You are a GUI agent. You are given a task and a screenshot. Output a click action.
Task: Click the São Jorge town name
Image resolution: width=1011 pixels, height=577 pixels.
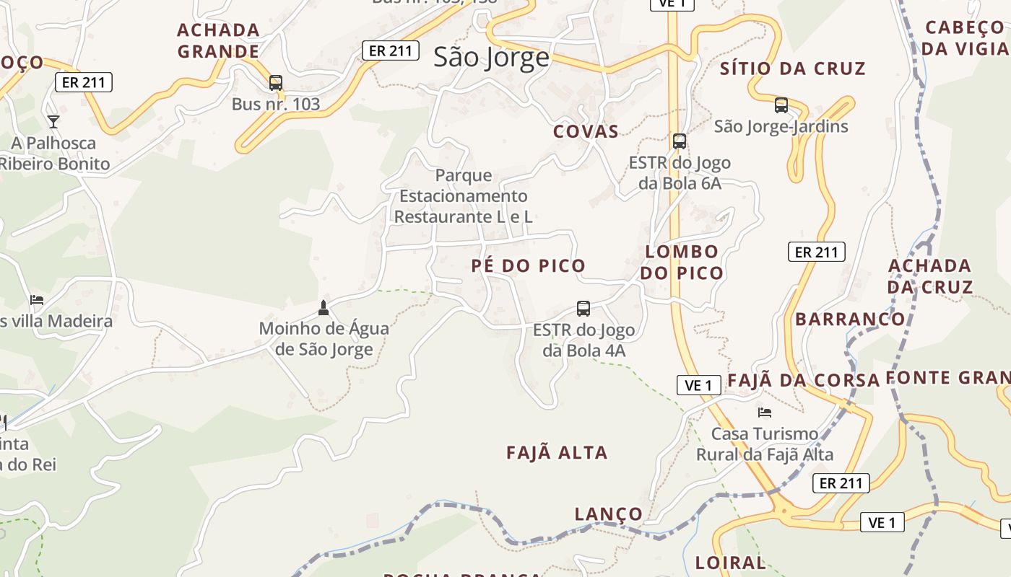coord(491,58)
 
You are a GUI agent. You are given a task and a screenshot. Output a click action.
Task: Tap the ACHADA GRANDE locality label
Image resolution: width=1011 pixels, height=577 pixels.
coord(218,40)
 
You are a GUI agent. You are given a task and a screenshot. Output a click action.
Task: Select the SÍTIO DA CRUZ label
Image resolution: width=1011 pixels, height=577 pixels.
coord(792,69)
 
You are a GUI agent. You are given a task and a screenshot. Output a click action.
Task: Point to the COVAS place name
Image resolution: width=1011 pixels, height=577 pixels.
coord(586,131)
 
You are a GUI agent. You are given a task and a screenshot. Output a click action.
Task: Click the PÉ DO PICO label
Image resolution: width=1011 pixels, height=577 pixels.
coord(528,265)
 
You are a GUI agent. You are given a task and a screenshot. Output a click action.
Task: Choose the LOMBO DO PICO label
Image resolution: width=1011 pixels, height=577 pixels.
coord(681,262)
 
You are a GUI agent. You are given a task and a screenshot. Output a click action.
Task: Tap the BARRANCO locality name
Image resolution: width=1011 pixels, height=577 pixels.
coord(850,319)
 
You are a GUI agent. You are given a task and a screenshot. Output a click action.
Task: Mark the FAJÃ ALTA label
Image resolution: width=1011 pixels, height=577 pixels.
coord(557,453)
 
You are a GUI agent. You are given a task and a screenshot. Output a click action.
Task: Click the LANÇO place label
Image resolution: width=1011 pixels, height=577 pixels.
coord(608,514)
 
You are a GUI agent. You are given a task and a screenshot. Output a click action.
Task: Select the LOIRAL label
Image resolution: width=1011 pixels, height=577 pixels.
coord(729,563)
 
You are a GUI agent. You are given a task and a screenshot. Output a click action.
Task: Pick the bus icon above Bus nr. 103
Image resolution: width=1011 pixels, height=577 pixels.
coord(275,83)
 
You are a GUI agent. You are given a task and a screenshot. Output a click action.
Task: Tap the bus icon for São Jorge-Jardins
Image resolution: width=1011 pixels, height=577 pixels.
coord(781,105)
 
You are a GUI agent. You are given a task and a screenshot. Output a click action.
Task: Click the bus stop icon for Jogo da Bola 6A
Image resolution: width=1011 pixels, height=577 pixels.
coord(679,141)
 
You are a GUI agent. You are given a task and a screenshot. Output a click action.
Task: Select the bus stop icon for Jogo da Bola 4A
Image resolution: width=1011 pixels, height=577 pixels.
coord(583,309)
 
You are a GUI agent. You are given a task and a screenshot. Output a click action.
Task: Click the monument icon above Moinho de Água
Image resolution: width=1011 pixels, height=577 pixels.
coord(323,308)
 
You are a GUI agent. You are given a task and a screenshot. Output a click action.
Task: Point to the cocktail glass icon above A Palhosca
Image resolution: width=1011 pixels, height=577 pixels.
coord(53,121)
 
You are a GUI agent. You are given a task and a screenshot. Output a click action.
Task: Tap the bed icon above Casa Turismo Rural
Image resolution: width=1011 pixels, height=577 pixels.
coord(765,413)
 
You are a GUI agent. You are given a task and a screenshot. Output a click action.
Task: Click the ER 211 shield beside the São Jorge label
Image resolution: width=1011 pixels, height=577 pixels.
coord(390,50)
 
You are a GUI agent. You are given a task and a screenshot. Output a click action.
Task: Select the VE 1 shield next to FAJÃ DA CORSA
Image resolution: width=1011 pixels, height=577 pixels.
coord(698,385)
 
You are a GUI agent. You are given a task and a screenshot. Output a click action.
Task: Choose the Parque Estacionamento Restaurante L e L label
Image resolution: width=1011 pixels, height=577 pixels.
coord(464,195)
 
